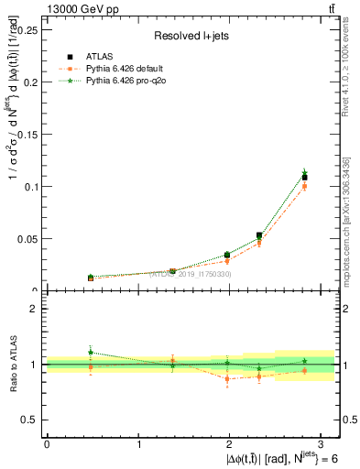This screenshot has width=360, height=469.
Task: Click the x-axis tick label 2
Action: point(230,442)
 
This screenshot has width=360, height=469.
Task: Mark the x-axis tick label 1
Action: point(138,442)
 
